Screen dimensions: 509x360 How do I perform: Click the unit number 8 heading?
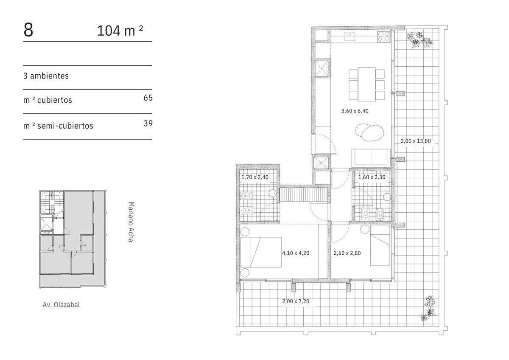coord(28,30)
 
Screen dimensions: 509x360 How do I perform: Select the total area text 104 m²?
coord(120,31)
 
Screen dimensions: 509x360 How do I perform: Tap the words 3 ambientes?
coord(46,76)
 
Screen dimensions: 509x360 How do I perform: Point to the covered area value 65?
coord(148,98)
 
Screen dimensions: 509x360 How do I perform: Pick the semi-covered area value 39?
coord(148,123)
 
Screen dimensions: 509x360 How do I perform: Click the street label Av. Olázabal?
coord(61,304)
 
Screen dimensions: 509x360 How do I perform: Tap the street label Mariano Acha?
coord(131,222)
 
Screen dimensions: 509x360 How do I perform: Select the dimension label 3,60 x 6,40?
coord(355,111)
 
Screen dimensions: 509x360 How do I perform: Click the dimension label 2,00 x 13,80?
coord(416,141)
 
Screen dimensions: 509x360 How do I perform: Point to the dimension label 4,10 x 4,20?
coord(296,253)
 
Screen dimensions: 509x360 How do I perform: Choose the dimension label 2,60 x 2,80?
coord(347,253)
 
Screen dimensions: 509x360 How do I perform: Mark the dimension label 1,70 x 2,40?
coord(255,177)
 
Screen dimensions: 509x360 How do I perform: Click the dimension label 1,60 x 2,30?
coord(372,177)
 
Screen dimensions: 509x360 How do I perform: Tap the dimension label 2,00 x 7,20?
coord(296,301)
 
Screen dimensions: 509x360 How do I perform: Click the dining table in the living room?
coord(366,84)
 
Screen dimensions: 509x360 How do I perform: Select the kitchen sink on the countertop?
coord(350,37)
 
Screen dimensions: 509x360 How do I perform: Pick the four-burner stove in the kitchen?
coord(383,37)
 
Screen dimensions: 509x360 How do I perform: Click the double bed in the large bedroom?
coord(260,252)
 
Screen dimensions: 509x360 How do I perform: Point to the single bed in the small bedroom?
coord(380,245)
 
